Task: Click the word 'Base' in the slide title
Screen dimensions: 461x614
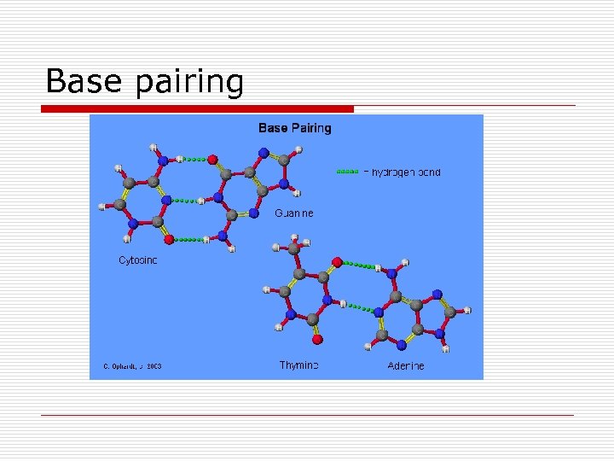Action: point(80,82)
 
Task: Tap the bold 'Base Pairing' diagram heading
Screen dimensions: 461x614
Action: point(294,128)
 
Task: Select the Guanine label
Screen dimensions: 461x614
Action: point(293,213)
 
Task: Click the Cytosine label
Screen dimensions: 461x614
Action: point(137,260)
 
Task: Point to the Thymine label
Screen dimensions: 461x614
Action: point(298,365)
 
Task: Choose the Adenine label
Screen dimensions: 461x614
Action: point(405,365)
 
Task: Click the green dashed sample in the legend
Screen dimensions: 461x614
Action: point(347,172)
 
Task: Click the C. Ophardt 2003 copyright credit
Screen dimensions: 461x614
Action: point(131,366)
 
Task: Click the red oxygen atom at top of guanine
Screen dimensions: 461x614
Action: point(212,159)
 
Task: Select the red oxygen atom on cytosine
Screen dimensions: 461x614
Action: point(169,239)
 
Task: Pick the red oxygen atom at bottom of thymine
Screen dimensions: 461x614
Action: point(317,339)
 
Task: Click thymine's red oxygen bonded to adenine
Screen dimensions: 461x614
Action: point(337,261)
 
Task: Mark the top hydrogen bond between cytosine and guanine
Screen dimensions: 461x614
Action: point(195,159)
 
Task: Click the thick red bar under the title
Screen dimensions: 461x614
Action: point(197,108)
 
